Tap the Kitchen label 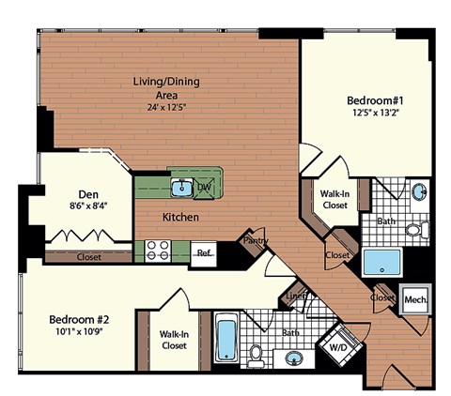(180, 217)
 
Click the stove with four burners (157, 251)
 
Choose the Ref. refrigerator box (202, 251)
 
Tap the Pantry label (257, 240)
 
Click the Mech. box (414, 300)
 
